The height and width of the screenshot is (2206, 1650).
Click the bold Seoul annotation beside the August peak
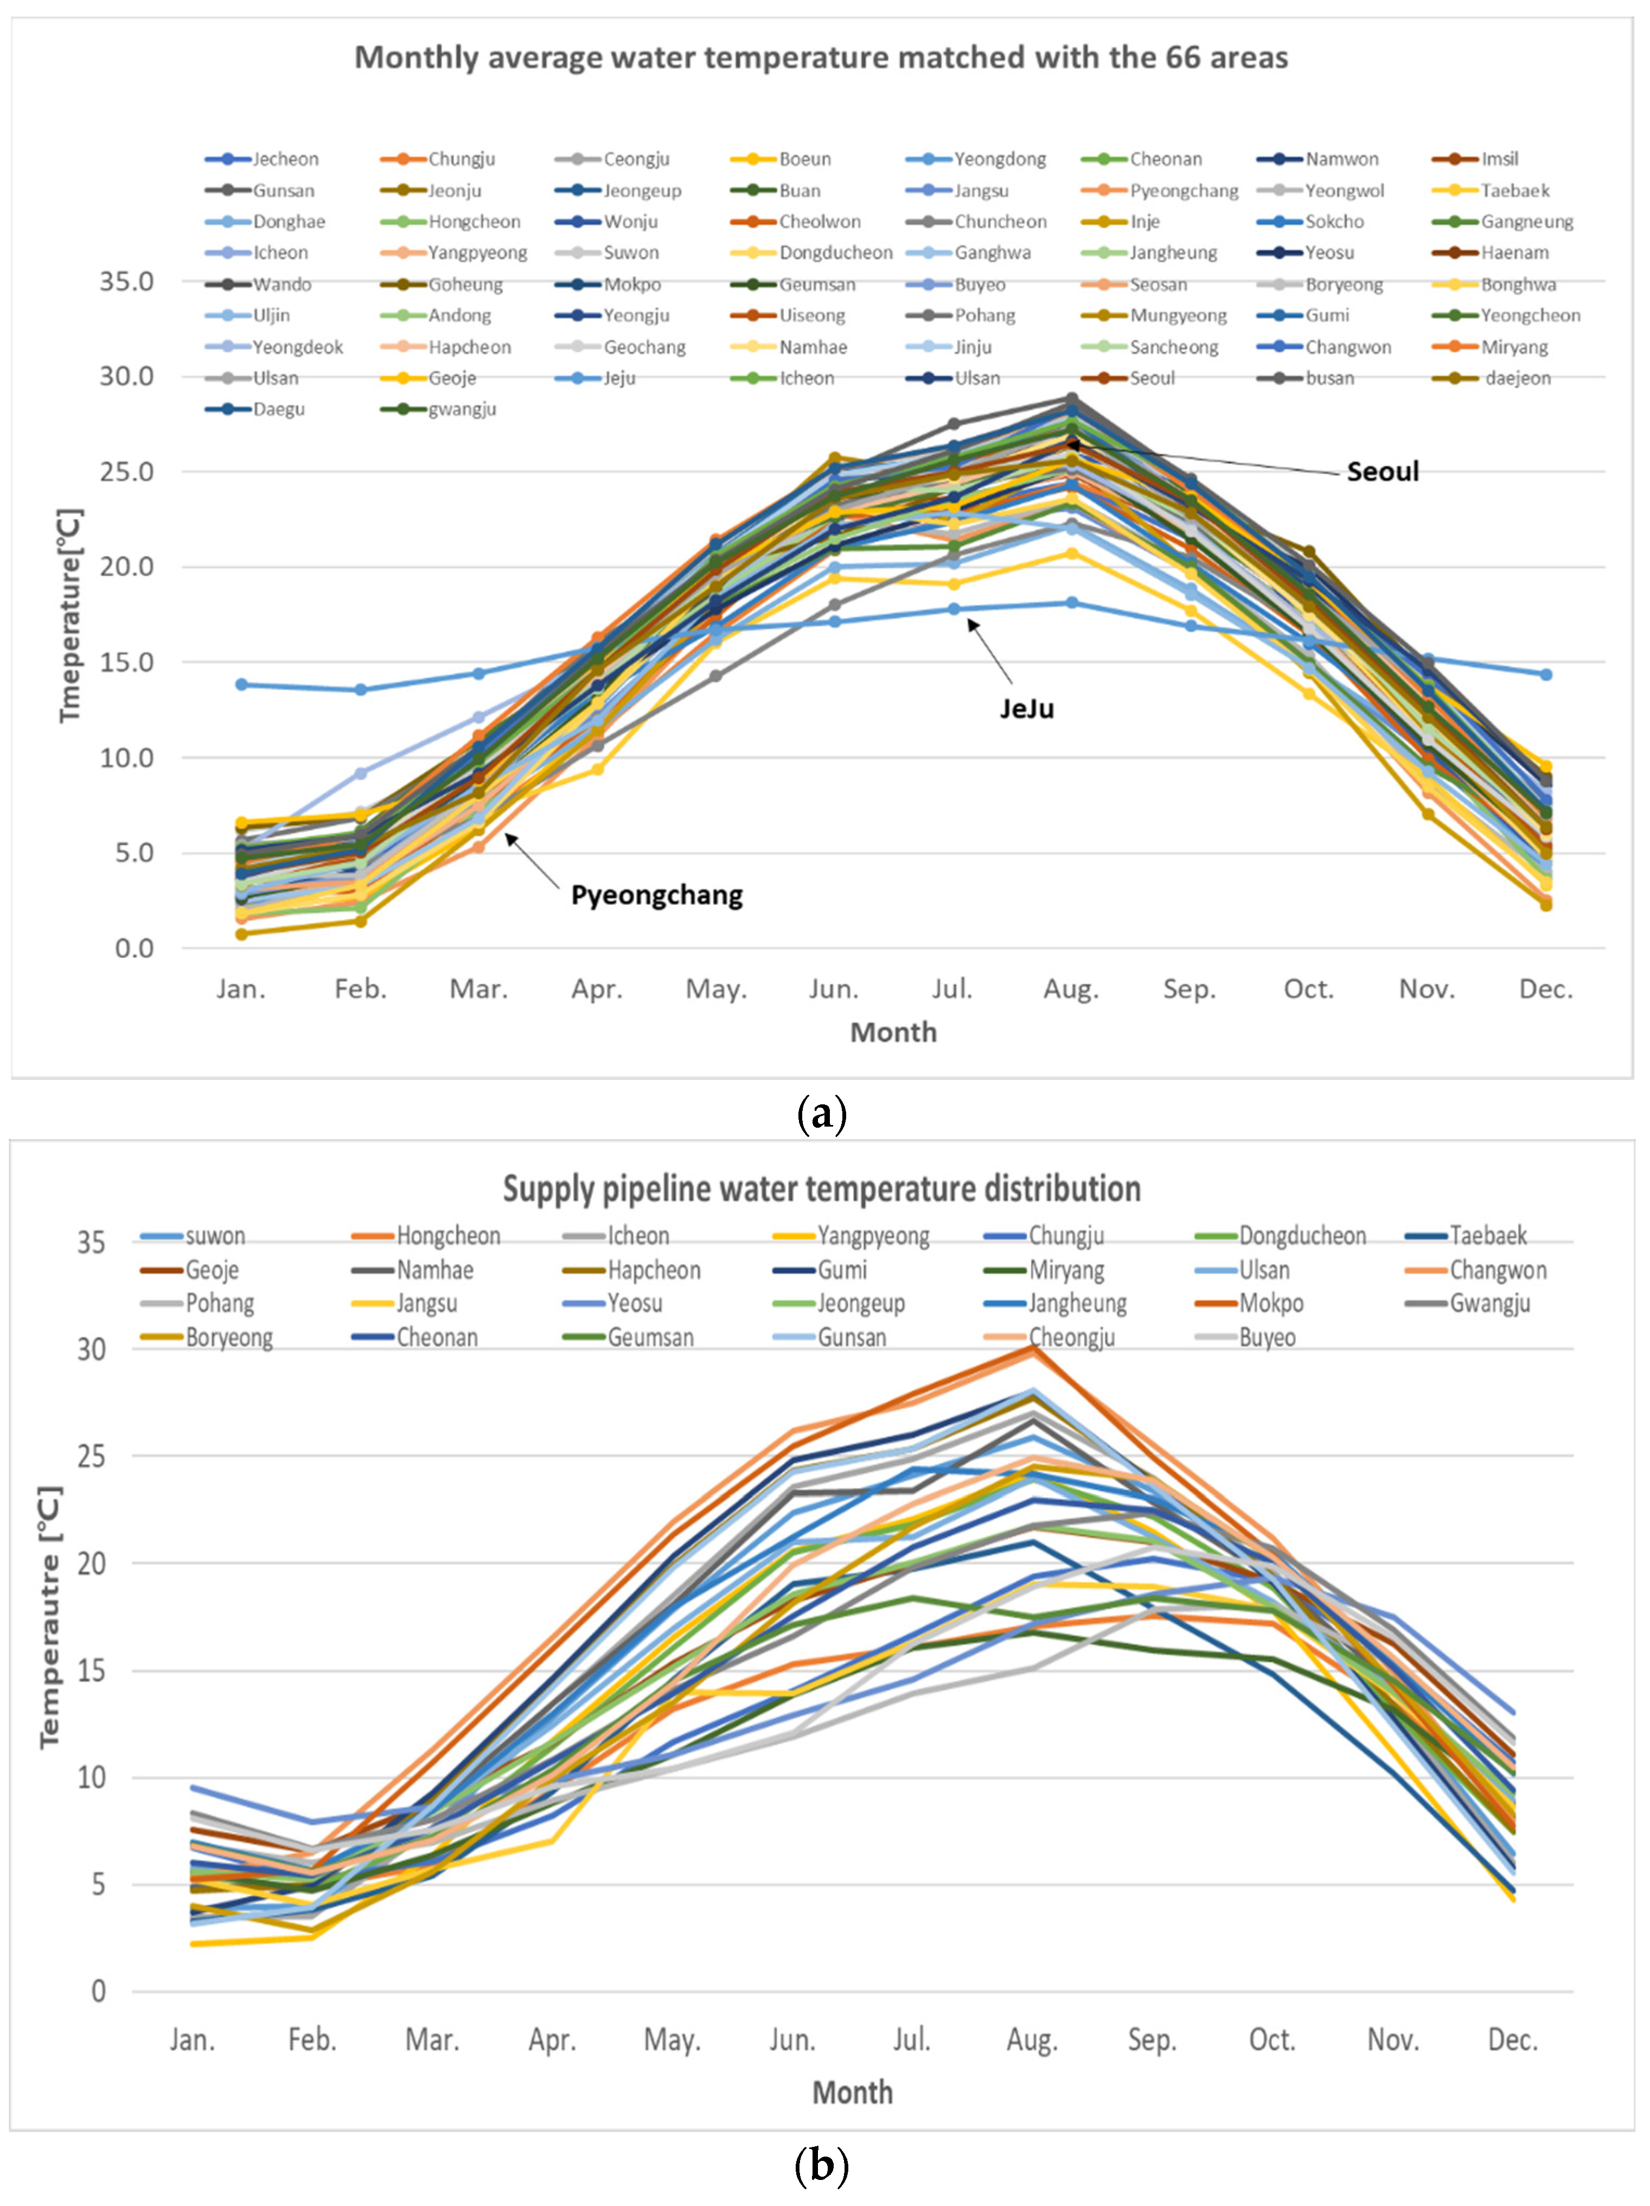(1382, 472)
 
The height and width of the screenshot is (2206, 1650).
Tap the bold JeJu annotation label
(1027, 709)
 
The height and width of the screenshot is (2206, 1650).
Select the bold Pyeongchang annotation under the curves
(656, 895)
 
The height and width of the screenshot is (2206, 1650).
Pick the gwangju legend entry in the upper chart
(462, 410)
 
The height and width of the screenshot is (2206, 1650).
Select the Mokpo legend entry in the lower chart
(1271, 1304)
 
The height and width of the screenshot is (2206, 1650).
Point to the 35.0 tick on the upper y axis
(126, 282)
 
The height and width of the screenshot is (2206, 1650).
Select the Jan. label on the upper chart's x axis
(241, 989)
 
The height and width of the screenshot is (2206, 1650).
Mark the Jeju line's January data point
(241, 684)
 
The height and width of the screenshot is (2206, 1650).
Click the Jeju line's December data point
(1545, 674)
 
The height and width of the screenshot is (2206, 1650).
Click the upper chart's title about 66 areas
(821, 58)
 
